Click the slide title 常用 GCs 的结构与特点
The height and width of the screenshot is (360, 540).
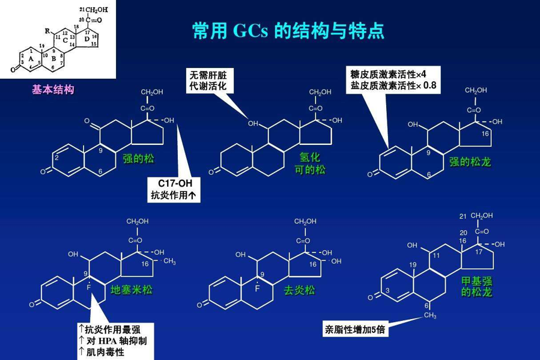tap(288, 31)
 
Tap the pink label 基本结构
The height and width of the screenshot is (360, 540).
tap(53, 90)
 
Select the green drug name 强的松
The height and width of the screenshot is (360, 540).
tap(138, 159)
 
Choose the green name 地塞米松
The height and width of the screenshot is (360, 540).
tap(131, 290)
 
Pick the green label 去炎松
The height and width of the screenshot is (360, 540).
tap(299, 290)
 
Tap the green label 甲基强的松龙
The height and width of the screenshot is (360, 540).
tap(476, 287)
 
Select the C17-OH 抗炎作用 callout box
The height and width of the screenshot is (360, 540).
tap(174, 189)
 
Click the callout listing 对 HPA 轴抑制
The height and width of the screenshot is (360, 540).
tap(115, 341)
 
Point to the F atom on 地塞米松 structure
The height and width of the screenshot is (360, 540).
tap(88, 288)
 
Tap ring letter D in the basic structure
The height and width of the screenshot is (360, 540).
tap(86, 39)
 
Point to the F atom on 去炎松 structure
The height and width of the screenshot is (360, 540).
tap(256, 288)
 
